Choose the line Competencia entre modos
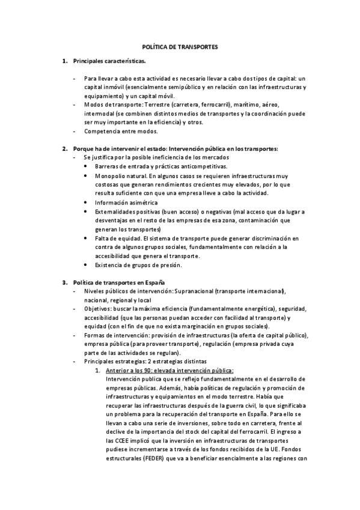point(121,131)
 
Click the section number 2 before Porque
point(64,148)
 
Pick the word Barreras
point(108,165)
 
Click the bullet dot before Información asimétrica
point(87,203)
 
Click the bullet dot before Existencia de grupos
point(87,265)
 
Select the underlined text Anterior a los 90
point(132,370)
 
